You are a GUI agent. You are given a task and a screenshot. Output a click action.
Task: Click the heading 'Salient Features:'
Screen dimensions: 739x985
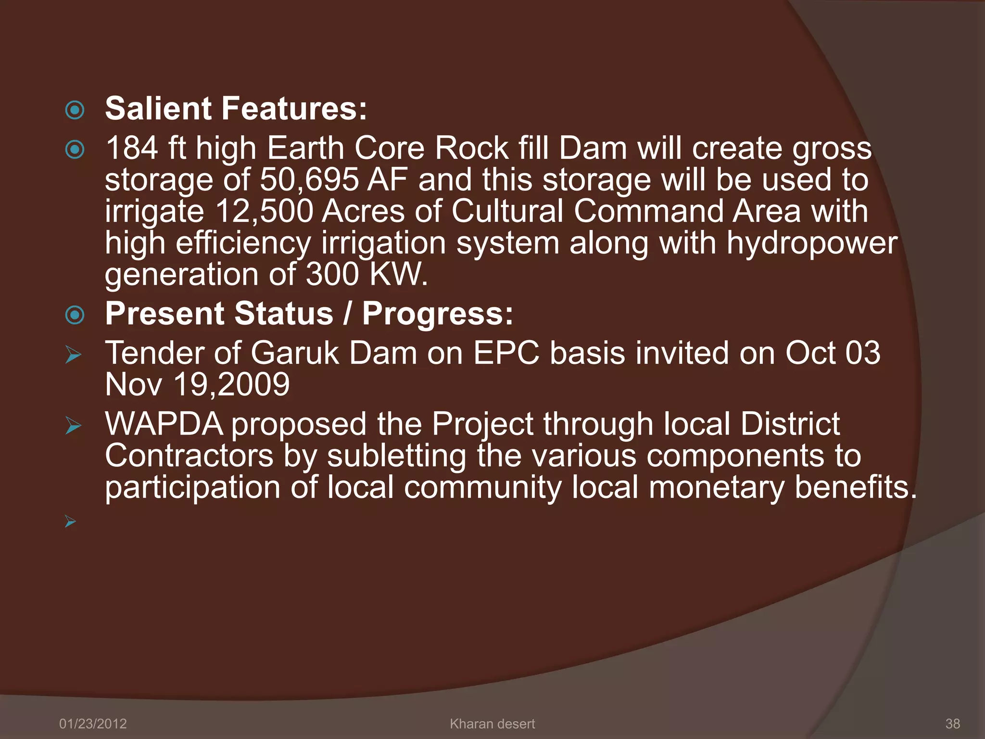(x=236, y=109)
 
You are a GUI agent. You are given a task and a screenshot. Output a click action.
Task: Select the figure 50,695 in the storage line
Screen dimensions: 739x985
(x=309, y=180)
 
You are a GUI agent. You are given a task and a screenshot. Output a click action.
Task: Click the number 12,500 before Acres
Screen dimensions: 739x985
(x=264, y=212)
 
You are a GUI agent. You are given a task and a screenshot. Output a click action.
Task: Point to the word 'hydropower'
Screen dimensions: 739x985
(x=811, y=243)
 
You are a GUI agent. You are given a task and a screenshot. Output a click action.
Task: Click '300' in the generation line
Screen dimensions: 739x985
(x=332, y=275)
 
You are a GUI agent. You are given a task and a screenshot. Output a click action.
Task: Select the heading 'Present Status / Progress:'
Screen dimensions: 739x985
(x=309, y=314)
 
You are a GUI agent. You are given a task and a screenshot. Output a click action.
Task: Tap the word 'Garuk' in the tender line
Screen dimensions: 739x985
(x=295, y=354)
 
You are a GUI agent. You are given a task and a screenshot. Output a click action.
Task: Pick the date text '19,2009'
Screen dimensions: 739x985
(x=231, y=385)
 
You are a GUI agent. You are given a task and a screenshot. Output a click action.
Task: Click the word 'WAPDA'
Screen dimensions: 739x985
(x=164, y=424)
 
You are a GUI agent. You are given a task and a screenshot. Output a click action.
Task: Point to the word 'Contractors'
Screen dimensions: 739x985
(x=189, y=456)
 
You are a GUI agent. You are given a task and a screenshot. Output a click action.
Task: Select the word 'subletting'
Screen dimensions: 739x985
(x=396, y=456)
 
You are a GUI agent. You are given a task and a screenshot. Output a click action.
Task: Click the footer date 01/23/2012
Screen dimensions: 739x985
(x=93, y=724)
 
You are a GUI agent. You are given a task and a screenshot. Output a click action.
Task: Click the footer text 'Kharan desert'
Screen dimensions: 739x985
(x=492, y=724)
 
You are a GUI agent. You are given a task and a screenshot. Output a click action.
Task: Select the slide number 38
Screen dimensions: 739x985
(x=952, y=724)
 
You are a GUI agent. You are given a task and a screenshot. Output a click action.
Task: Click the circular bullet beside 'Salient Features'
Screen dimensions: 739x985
(x=75, y=110)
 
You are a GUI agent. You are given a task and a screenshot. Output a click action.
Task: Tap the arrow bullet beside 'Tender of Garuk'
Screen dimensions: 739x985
(x=73, y=356)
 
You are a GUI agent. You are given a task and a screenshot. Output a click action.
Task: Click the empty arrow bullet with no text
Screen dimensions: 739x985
(x=70, y=521)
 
